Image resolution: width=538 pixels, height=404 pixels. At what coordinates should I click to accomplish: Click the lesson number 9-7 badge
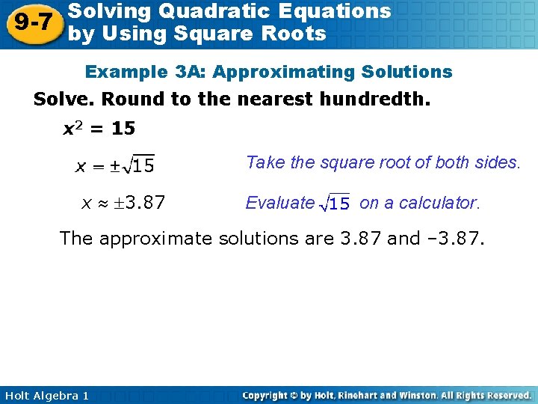point(32,22)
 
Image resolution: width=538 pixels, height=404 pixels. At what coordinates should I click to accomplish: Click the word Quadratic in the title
point(227,11)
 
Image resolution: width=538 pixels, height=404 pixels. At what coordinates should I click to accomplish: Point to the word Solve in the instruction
point(63,100)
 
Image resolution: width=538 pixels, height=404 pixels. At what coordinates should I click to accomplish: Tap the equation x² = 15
point(98,129)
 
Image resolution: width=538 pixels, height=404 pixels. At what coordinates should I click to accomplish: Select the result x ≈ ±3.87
point(123,202)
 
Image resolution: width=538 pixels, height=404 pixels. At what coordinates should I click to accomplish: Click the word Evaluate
point(280,203)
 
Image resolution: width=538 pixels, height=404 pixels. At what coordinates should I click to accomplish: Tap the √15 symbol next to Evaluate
point(335,203)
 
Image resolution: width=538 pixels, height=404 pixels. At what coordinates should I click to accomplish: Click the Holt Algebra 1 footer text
point(46,395)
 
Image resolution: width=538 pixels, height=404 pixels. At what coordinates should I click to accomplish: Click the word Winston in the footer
point(410,395)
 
